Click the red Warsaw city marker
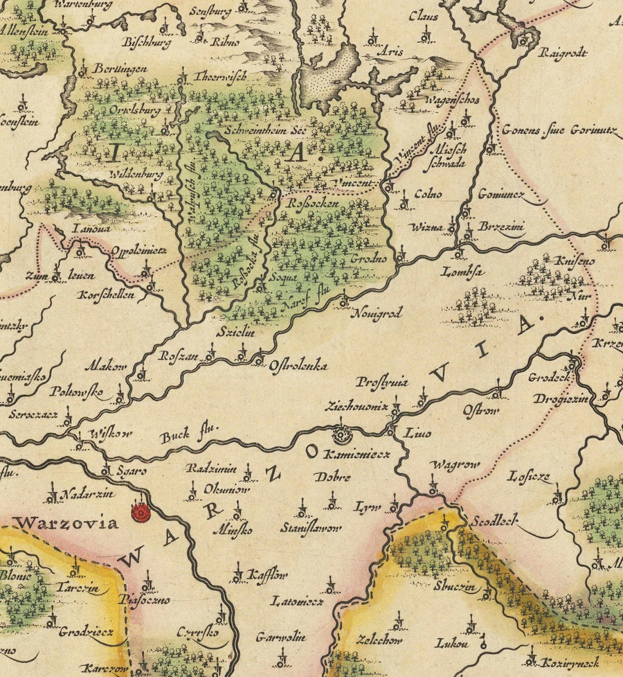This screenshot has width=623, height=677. click(141, 513)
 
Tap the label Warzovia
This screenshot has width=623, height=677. click(69, 522)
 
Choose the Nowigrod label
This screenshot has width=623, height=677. click(378, 313)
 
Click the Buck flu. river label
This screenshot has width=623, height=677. click(189, 435)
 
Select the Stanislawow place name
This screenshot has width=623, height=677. click(311, 528)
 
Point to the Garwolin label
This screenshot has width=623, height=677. click(280, 635)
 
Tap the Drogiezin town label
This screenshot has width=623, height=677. click(561, 399)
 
